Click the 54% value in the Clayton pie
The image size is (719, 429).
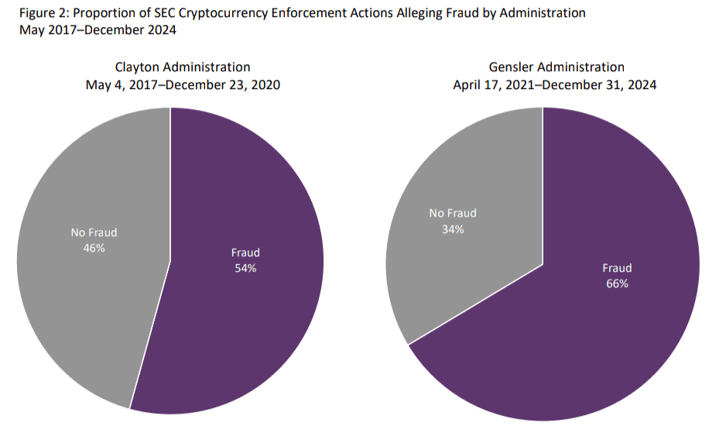click(x=245, y=268)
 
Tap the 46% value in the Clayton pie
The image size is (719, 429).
click(x=93, y=248)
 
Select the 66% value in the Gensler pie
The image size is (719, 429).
click(x=617, y=283)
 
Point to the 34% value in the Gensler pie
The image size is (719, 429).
click(x=453, y=228)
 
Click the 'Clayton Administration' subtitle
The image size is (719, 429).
click(x=183, y=67)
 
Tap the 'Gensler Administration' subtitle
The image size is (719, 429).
click(x=556, y=67)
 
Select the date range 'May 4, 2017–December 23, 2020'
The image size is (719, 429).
click(x=183, y=85)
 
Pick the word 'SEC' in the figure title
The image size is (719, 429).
click(x=153, y=13)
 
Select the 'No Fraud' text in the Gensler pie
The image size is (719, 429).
click(x=453, y=213)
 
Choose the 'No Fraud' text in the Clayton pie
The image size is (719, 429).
click(x=93, y=232)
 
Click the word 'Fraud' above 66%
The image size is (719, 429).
click(x=617, y=268)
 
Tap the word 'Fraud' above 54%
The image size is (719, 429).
click(x=245, y=252)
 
